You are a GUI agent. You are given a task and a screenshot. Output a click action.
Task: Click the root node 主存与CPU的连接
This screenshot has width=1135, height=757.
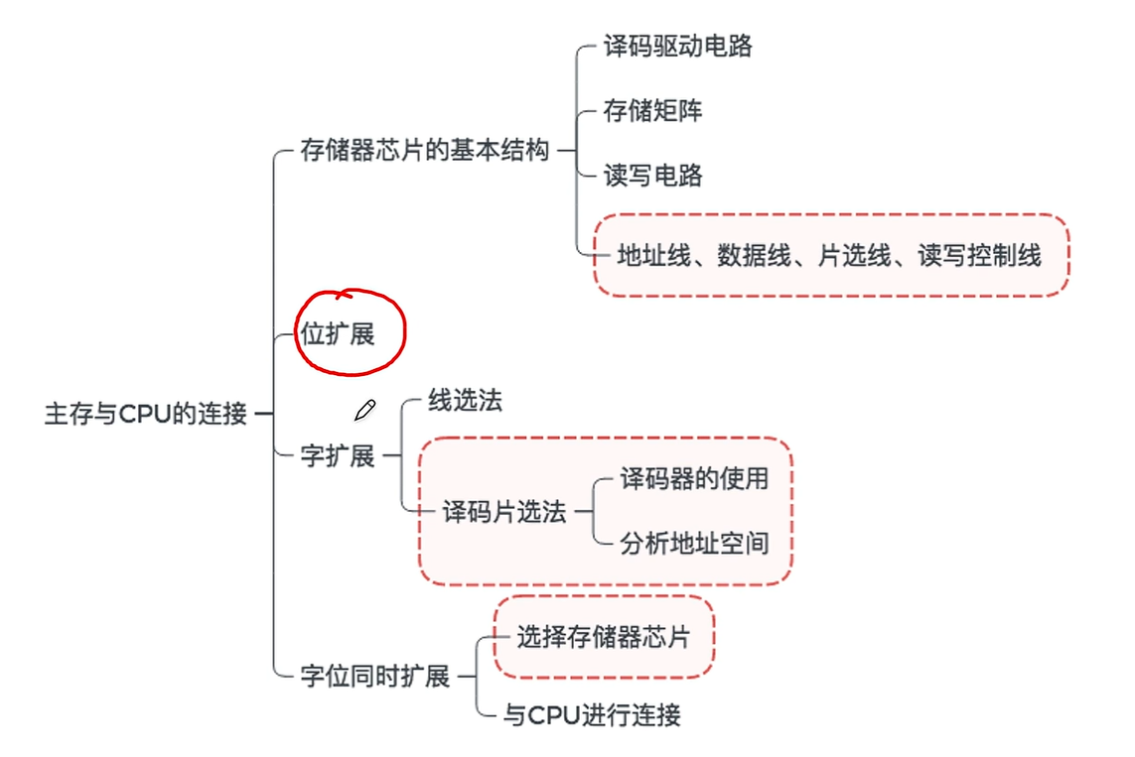(x=145, y=414)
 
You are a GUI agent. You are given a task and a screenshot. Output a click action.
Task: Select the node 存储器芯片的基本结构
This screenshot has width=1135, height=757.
(x=424, y=151)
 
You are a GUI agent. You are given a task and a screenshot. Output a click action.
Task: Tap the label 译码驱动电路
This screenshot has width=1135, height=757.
(x=677, y=46)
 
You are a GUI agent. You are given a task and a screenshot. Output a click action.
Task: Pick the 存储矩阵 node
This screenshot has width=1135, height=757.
(x=652, y=110)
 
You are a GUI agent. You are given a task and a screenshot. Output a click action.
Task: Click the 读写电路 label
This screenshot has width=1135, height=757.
(x=652, y=176)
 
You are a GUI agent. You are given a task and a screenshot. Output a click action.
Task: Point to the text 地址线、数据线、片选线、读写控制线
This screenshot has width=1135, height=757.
(x=829, y=256)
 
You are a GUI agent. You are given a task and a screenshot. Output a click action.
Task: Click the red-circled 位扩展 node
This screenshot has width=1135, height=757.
(x=339, y=334)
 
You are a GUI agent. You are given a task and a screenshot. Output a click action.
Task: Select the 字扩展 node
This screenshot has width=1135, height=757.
(x=338, y=456)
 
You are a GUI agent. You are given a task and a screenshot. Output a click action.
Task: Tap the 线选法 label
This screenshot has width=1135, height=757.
(x=465, y=401)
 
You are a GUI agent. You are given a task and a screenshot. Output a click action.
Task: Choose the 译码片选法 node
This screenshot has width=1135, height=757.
(x=504, y=512)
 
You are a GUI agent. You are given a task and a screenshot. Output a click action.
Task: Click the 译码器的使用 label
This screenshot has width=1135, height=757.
(x=694, y=478)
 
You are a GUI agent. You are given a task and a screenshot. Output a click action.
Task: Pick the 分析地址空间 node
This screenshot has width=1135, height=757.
(x=694, y=544)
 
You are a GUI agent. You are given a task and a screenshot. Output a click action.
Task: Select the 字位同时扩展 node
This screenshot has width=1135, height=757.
(x=375, y=677)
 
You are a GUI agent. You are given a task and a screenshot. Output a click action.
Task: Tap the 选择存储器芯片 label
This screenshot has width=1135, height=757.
(x=603, y=637)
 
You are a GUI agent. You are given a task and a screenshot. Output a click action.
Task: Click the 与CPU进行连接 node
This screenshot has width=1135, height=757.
(x=592, y=715)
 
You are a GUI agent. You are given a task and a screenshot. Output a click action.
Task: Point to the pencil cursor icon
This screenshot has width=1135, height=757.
(x=364, y=410)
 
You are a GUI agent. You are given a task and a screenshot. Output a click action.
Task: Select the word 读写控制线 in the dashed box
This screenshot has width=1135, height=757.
(x=979, y=256)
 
